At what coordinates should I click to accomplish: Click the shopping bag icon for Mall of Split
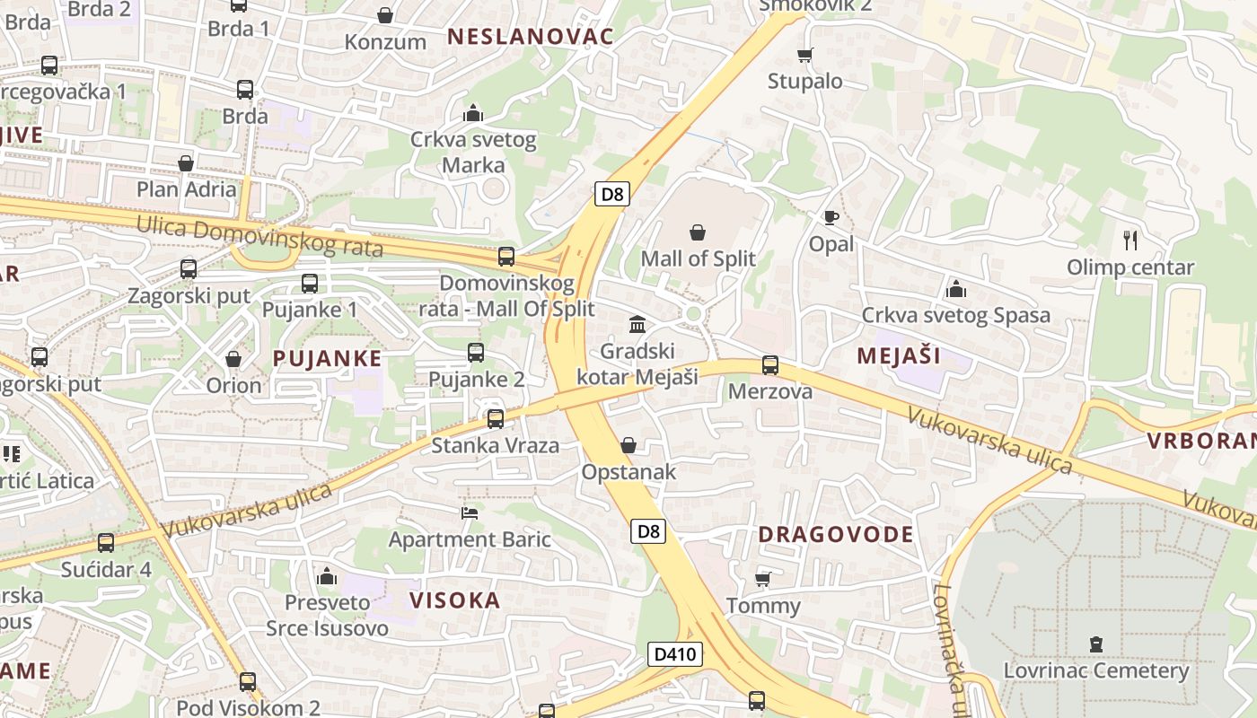pos(698,233)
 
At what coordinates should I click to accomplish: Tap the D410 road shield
pos(674,654)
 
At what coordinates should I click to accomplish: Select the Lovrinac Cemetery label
pos(1095,670)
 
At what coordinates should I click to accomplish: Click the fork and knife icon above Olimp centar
pos(1130,240)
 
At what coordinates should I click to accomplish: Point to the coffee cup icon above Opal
pos(831,217)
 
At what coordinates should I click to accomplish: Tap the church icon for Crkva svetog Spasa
pos(955,289)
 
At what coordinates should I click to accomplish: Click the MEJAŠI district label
pos(899,355)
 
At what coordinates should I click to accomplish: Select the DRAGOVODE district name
pos(836,534)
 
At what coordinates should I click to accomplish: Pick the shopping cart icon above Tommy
pos(763,579)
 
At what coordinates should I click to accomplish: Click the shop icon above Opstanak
pos(628,445)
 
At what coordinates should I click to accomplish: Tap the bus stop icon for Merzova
pos(770,365)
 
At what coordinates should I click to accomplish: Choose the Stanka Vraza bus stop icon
pos(495,418)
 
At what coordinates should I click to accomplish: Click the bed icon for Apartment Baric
pos(470,513)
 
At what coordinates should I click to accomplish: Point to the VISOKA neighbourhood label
pos(454,600)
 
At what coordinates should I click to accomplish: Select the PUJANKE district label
pos(327,358)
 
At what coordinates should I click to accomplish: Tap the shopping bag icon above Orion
pos(233,359)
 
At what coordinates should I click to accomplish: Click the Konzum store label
pos(385,42)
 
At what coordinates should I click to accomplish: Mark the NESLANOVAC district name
pos(531,37)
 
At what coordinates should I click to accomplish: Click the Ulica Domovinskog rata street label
pos(259,236)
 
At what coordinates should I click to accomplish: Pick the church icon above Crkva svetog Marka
pos(473,113)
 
